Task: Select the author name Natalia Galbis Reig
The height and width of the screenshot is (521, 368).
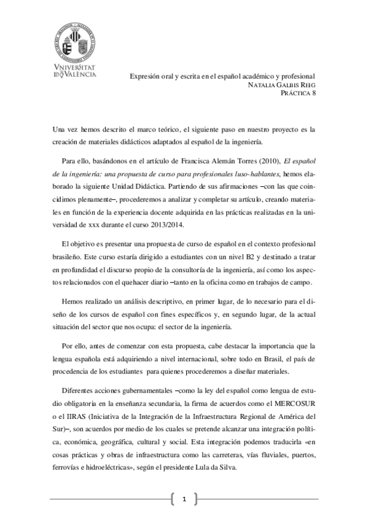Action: tap(281, 84)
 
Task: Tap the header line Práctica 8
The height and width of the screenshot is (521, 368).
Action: tap(298, 93)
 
